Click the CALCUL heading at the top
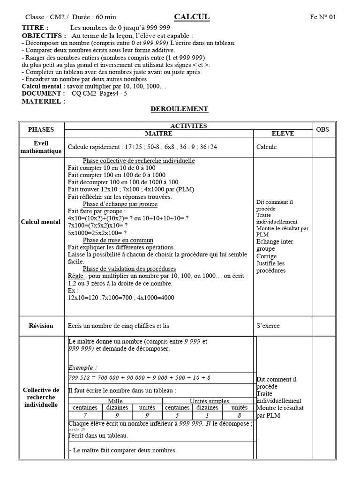pos(192,17)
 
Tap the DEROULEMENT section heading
pos(179,109)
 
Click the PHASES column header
pos(41,129)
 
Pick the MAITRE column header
pos(158,134)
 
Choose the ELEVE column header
pos(282,134)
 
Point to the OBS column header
pos(323,129)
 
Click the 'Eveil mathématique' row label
pos(41,147)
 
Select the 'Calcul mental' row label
pos(41,222)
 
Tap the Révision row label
pos(41,326)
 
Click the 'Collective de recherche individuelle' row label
pos(41,397)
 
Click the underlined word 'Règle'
pos(75,276)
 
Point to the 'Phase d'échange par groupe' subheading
pos(120,204)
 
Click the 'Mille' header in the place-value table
pos(115,401)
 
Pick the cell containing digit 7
pos(85,415)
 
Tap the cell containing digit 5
pos(177,415)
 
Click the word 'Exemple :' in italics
pos(82,367)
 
